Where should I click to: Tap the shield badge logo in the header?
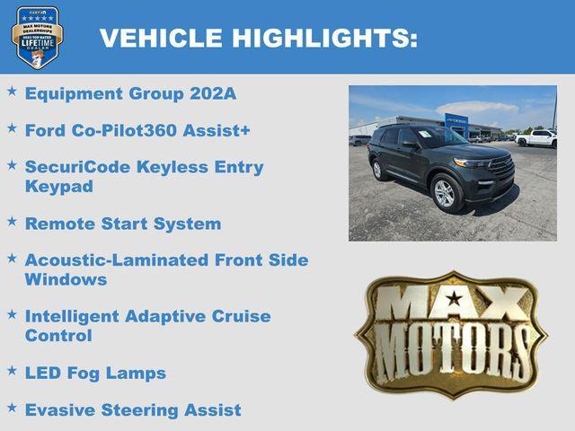pyautogui.click(x=37, y=37)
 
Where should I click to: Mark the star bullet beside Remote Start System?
pyautogui.click(x=12, y=221)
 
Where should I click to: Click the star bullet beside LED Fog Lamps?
pyautogui.click(x=12, y=370)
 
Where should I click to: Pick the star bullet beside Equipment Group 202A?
pyautogui.click(x=12, y=91)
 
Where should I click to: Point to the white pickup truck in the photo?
pyautogui.click(x=536, y=138)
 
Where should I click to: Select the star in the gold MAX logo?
pyautogui.click(x=455, y=299)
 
